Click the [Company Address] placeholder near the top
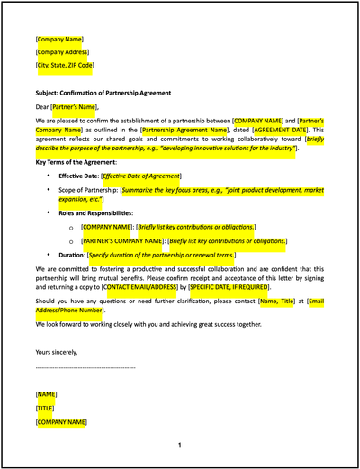pos(61,52)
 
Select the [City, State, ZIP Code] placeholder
pos(65,65)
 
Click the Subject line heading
pos(103,93)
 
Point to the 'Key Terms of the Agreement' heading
pos(77,161)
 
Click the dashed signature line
pos(85,367)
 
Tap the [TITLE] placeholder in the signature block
pos(47,408)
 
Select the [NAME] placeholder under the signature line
pos(47,394)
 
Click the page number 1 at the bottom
pos(179,446)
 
